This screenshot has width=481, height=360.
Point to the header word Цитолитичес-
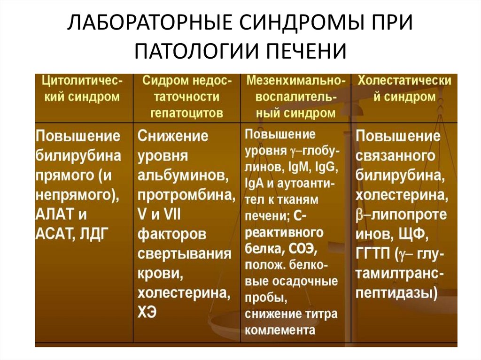[83, 81]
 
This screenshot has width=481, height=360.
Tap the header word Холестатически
[404, 81]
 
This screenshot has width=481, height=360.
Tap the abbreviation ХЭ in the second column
[147, 312]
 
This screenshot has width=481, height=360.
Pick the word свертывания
[184, 253]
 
